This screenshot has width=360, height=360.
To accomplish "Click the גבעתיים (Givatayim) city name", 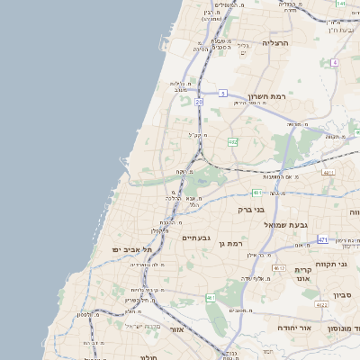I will [x=196, y=238].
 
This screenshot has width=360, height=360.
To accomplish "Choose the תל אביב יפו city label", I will [x=129, y=248].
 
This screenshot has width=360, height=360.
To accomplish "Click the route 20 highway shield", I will [x=199, y=102].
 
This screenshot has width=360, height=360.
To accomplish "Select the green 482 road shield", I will [x=233, y=141].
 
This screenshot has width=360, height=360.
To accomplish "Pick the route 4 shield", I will [x=334, y=62].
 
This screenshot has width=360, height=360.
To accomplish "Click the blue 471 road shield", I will [x=323, y=239].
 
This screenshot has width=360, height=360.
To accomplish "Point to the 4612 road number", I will [x=279, y=268].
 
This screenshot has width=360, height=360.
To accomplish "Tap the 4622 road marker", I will [x=321, y=305].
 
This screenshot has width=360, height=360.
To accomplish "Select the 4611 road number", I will [x=328, y=172].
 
